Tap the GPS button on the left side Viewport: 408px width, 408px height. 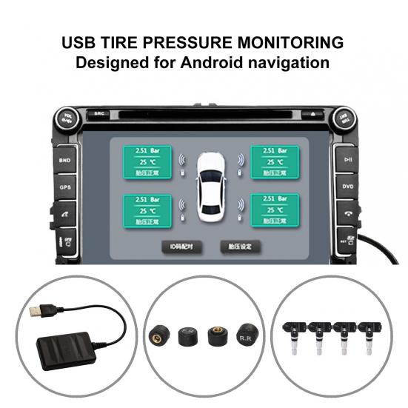coord(65,187)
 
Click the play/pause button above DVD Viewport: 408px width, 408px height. coord(347,159)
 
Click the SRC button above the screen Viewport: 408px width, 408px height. coord(99,114)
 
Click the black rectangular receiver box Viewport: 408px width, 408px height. coord(66,347)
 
